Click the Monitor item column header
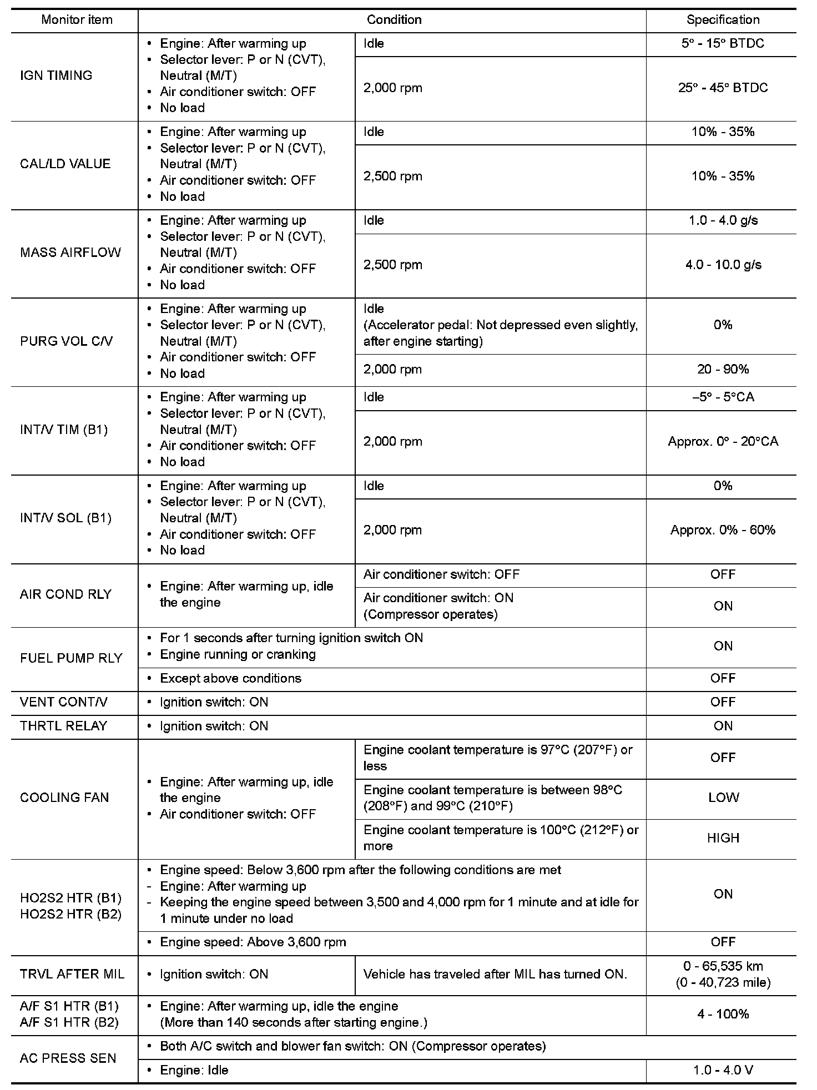pyautogui.click(x=77, y=20)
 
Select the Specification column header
pyautogui.click(x=723, y=20)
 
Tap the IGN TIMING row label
pyautogui.click(x=56, y=75)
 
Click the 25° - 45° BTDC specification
pyautogui.click(x=723, y=88)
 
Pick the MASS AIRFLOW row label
pyautogui.click(x=70, y=253)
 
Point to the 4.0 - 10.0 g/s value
pyautogui.click(x=723, y=265)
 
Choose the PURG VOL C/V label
pyautogui.click(x=66, y=341)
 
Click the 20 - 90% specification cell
pyautogui.click(x=723, y=369)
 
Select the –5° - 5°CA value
pyautogui.click(x=723, y=397)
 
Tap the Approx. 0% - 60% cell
pyautogui.click(x=723, y=530)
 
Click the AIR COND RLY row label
pyautogui.click(x=65, y=594)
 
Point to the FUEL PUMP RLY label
pyautogui.click(x=71, y=658)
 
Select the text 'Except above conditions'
pyautogui.click(x=230, y=678)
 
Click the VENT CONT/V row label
pyautogui.click(x=64, y=702)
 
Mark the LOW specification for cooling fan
pyautogui.click(x=723, y=798)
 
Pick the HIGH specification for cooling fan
pyautogui.click(x=723, y=838)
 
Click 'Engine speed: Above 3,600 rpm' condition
pyautogui.click(x=253, y=942)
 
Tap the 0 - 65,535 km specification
pyautogui.click(x=723, y=967)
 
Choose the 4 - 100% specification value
pyautogui.click(x=723, y=1014)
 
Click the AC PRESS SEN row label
pyautogui.click(x=68, y=1058)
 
